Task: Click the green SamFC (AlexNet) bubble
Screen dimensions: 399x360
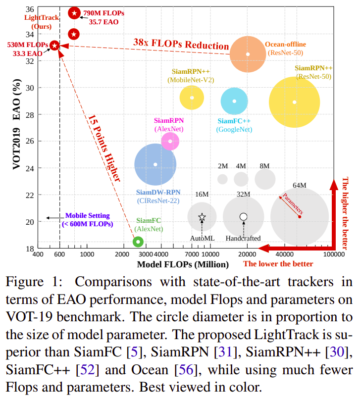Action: click(138, 242)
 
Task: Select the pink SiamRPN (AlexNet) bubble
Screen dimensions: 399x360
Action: click(170, 141)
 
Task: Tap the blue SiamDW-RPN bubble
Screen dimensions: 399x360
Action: click(155, 164)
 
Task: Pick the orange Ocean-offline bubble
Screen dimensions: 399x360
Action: click(248, 53)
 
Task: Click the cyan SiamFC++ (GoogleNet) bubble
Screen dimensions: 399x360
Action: click(234, 101)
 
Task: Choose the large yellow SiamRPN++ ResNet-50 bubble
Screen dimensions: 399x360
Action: click(295, 102)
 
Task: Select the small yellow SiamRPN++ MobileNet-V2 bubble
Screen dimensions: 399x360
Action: click(192, 98)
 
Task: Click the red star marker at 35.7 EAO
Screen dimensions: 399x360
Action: click(74, 13)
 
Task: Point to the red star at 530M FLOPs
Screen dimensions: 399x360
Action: click(55, 46)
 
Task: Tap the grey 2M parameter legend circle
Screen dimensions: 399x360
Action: click(222, 179)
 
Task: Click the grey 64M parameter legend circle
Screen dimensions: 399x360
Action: click(300, 217)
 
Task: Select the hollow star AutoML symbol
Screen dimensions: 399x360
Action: click(202, 217)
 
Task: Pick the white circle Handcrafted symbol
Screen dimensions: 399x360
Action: click(243, 217)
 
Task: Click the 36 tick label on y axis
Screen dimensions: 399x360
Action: click(30, 9)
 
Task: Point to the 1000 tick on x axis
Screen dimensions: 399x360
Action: click(87, 254)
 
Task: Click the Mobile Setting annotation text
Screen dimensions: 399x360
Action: click(88, 220)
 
